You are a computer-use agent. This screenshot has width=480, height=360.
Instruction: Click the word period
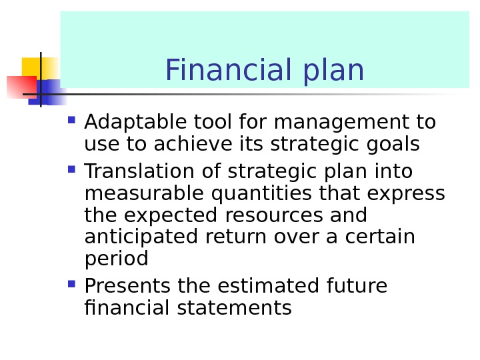coord(117,259)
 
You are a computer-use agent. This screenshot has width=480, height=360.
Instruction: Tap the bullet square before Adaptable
coord(71,121)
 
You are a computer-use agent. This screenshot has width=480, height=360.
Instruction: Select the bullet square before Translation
coord(71,169)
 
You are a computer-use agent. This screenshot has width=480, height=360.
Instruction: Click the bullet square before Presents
coord(71,284)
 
